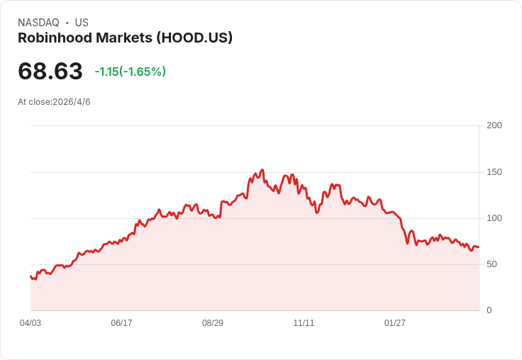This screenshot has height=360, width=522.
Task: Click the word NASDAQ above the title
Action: [38, 23]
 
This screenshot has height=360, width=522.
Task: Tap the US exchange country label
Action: [82, 23]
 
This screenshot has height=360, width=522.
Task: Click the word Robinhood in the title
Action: [55, 38]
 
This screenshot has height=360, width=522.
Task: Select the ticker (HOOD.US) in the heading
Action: [194, 38]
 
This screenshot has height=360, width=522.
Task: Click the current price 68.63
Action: [50, 71]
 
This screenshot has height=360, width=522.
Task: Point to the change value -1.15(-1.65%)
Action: [130, 72]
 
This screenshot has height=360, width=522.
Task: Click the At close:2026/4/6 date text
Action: [54, 102]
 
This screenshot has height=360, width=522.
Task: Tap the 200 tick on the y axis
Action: [494, 125]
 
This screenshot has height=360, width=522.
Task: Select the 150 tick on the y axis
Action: [494, 172]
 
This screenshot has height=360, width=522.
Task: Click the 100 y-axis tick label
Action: [494, 218]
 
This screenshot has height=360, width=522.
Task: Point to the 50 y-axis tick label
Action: [492, 264]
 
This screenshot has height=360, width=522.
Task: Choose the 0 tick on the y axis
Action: [489, 310]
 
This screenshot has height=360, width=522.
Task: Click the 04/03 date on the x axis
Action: [30, 323]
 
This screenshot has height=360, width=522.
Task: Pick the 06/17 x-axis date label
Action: [121, 323]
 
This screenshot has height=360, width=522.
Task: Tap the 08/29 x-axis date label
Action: [212, 323]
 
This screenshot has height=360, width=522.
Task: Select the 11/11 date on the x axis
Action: [304, 323]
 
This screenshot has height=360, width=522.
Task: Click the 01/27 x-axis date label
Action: [395, 323]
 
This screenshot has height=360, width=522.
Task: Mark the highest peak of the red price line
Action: [262, 169]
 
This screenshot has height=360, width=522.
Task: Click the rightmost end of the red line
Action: [479, 247]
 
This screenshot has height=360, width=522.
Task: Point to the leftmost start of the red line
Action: [30, 276]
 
